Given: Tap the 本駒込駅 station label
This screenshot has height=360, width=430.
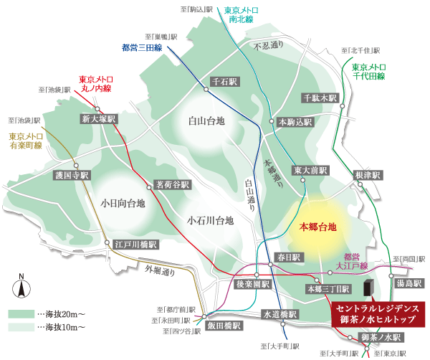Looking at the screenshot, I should (295, 123).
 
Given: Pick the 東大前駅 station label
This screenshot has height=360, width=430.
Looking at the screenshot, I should (310, 171).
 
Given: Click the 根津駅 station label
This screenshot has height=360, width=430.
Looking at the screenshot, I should (368, 175).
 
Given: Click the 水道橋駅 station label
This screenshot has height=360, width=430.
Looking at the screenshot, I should (278, 314).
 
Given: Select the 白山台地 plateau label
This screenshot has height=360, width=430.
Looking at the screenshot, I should (206, 121).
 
